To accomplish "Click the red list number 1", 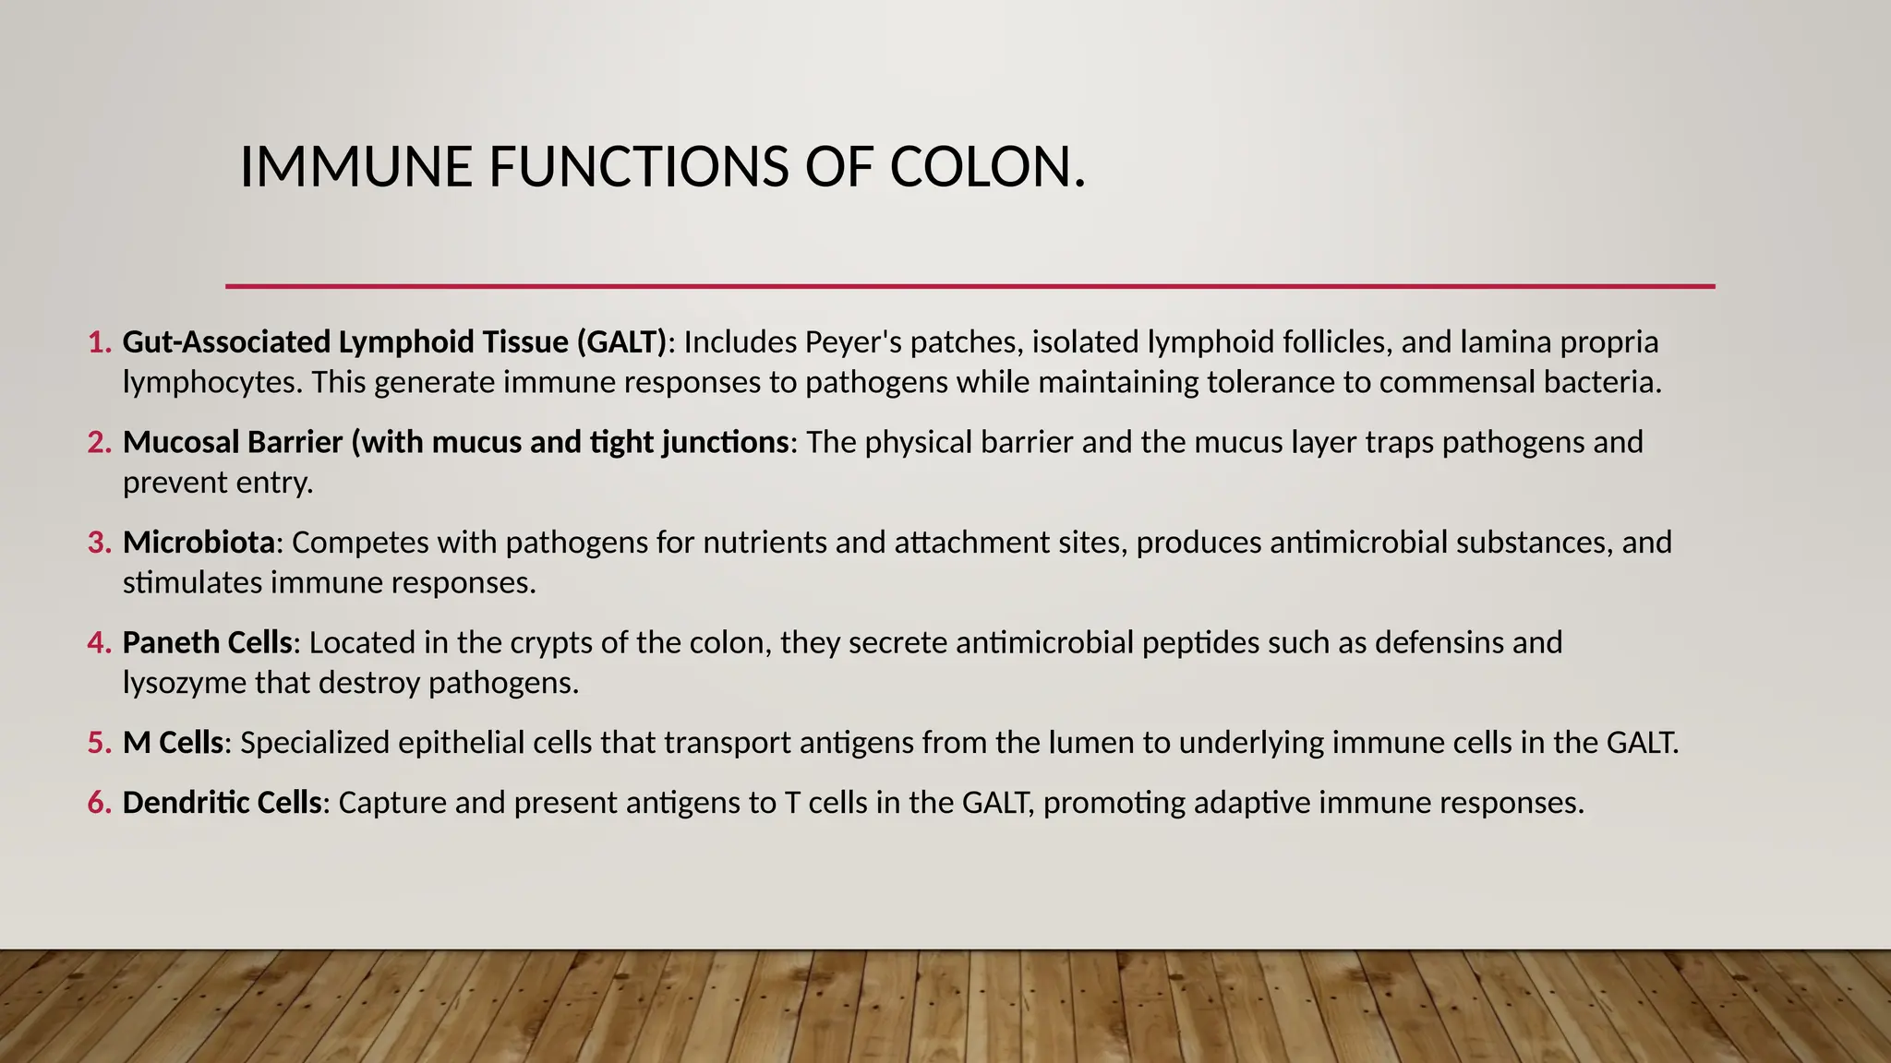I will [98, 342].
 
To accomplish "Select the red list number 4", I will [98, 642].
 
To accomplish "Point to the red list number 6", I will [98, 803].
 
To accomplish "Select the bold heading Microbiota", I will [199, 543].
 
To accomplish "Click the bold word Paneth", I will [169, 642].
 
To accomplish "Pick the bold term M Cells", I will [174, 743].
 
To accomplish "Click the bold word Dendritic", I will [186, 803].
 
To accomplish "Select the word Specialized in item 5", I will [315, 743].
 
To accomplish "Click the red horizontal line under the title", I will [970, 286].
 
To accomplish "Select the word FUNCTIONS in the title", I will [638, 168].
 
